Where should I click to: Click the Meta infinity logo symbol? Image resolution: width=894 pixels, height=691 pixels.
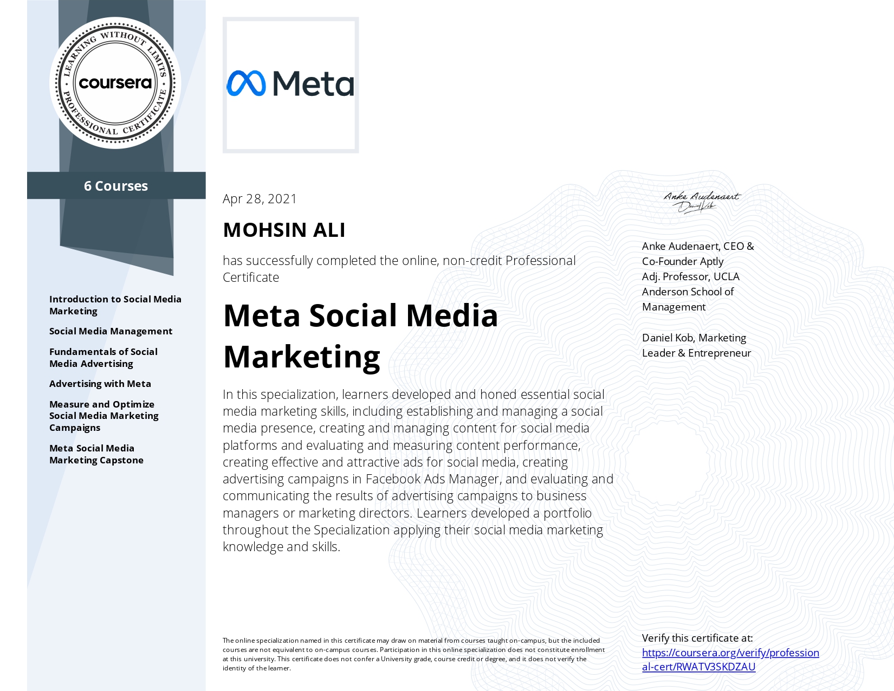[x=246, y=83]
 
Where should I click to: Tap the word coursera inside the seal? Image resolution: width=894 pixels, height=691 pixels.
[x=115, y=83]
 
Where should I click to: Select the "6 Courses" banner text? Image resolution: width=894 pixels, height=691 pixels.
[x=116, y=186]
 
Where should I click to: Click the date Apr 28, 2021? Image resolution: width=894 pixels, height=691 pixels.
[x=260, y=199]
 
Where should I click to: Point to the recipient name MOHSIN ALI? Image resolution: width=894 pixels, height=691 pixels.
[x=284, y=230]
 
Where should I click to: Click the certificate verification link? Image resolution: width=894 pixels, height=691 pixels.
[x=730, y=660]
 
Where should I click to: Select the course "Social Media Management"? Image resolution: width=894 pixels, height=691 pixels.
[x=111, y=331]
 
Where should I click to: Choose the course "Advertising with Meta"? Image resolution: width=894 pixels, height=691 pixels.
[x=100, y=384]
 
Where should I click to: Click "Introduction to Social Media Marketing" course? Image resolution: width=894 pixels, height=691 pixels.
[x=115, y=305]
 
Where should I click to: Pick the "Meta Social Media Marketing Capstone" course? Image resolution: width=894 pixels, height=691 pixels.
[x=96, y=454]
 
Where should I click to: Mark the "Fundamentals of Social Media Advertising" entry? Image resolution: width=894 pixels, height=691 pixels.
[x=103, y=358]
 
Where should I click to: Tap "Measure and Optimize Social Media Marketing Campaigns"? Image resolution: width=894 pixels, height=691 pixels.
[x=103, y=416]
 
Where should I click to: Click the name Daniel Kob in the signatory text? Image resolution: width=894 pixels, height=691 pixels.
[x=668, y=338]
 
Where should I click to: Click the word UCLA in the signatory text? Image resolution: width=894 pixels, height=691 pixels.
[x=726, y=276]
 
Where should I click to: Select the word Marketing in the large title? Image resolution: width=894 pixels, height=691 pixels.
[x=302, y=357]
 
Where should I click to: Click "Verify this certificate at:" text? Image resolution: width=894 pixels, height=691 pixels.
[x=697, y=638]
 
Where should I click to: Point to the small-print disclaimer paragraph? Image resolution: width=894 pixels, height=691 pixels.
[x=413, y=654]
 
